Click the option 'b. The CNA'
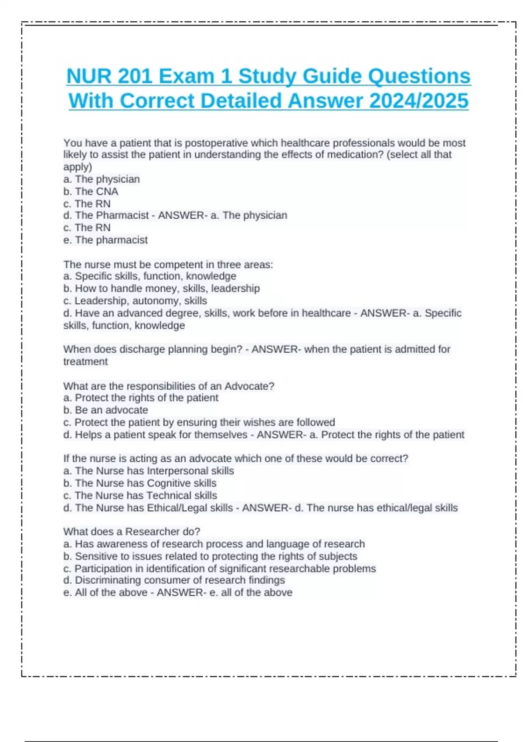coord(91,192)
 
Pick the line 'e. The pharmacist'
coord(105,240)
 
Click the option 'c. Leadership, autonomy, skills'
coord(135,301)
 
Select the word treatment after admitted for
coord(85,362)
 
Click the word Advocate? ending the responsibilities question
coord(249,386)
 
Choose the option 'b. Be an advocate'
coord(105,410)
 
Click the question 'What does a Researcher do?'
coord(132,532)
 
